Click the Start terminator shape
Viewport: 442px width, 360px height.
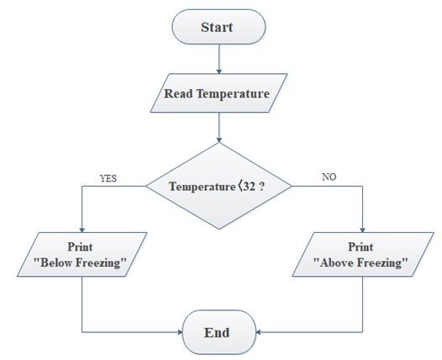pos(218,27)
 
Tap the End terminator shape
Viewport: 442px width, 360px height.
pos(219,332)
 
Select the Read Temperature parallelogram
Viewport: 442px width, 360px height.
pos(218,93)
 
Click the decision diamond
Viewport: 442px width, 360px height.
pos(219,186)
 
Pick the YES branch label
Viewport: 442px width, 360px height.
pos(108,178)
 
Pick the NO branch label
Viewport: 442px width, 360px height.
pos(329,177)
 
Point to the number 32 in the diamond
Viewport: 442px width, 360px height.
pos(249,187)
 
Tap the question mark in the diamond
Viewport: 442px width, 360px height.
pos(262,187)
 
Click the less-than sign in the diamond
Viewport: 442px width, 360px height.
pos(239,187)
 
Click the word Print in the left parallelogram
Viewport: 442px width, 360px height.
pos(80,246)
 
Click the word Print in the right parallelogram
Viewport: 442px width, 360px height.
pos(360,246)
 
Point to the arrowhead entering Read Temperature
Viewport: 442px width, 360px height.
pos(219,71)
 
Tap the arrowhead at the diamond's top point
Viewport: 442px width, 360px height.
pos(219,140)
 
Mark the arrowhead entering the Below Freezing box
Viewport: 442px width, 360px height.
pos(82,230)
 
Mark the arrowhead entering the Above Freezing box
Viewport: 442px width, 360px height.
pos(362,230)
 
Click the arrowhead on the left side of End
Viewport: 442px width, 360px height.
pos(181,332)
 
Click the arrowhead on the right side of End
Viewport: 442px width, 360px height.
pos(259,332)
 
